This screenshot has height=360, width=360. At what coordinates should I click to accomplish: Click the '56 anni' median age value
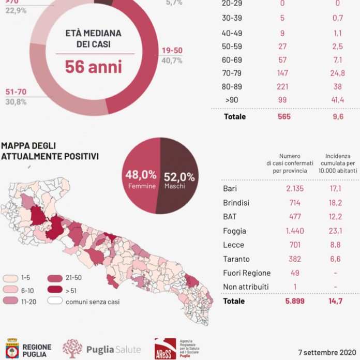[x=93, y=67]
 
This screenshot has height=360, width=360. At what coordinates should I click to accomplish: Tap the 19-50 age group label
[x=172, y=51]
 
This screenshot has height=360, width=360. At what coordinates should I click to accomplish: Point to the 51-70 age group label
[x=16, y=92]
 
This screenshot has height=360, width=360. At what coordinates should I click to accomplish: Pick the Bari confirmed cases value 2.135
[x=296, y=188]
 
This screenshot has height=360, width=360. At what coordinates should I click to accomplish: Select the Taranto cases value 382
[x=296, y=259]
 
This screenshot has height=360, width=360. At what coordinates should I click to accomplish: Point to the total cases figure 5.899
[x=296, y=301]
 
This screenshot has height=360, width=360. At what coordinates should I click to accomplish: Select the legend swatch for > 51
[x=54, y=289]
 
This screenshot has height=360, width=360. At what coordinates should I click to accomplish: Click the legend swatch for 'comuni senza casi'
[x=54, y=299]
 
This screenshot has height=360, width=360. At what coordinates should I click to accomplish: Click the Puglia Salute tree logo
[x=72, y=349]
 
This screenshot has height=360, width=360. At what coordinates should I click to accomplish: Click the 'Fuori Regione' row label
[x=246, y=273]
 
